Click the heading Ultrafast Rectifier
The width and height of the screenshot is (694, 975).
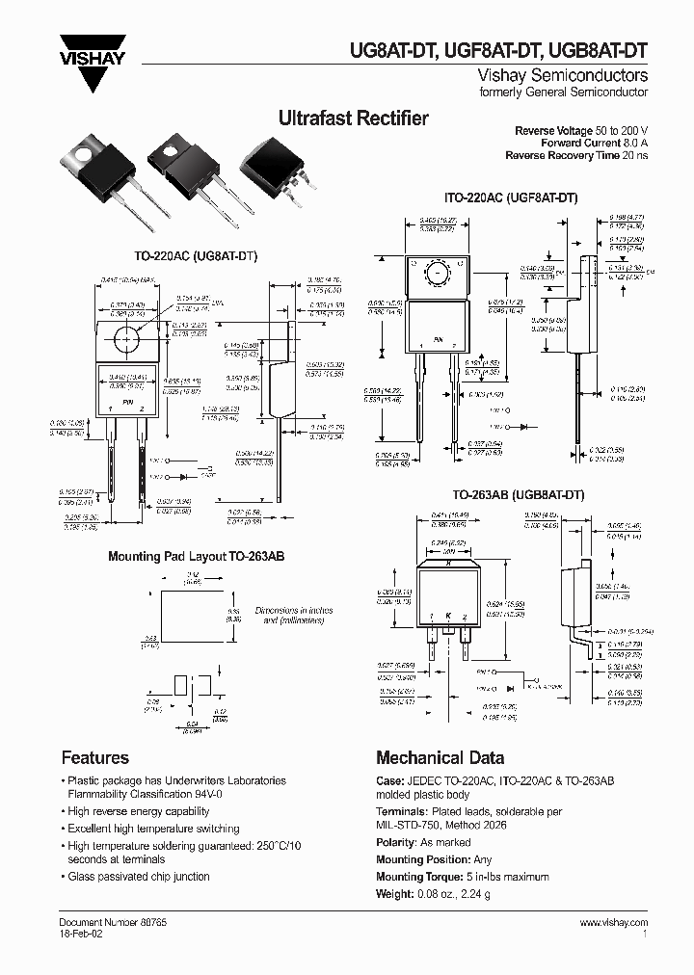353,119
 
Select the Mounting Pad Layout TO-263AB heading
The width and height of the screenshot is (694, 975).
196,557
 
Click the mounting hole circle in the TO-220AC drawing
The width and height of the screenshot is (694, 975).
125,339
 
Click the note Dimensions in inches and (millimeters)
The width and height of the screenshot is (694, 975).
280,617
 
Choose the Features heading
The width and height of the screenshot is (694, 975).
94,757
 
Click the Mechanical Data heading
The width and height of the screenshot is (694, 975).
440,757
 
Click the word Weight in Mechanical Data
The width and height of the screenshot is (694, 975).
394,893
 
